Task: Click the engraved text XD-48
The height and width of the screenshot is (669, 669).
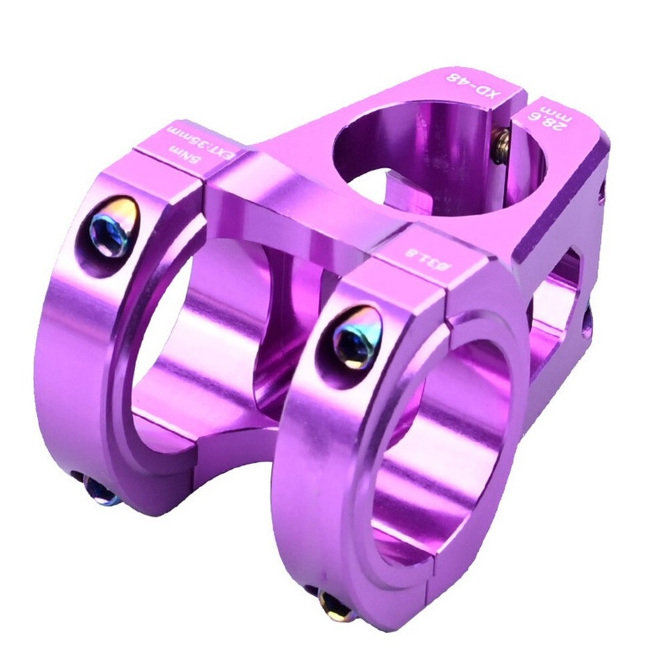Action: [470, 85]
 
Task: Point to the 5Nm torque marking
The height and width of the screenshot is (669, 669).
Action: [173, 147]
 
